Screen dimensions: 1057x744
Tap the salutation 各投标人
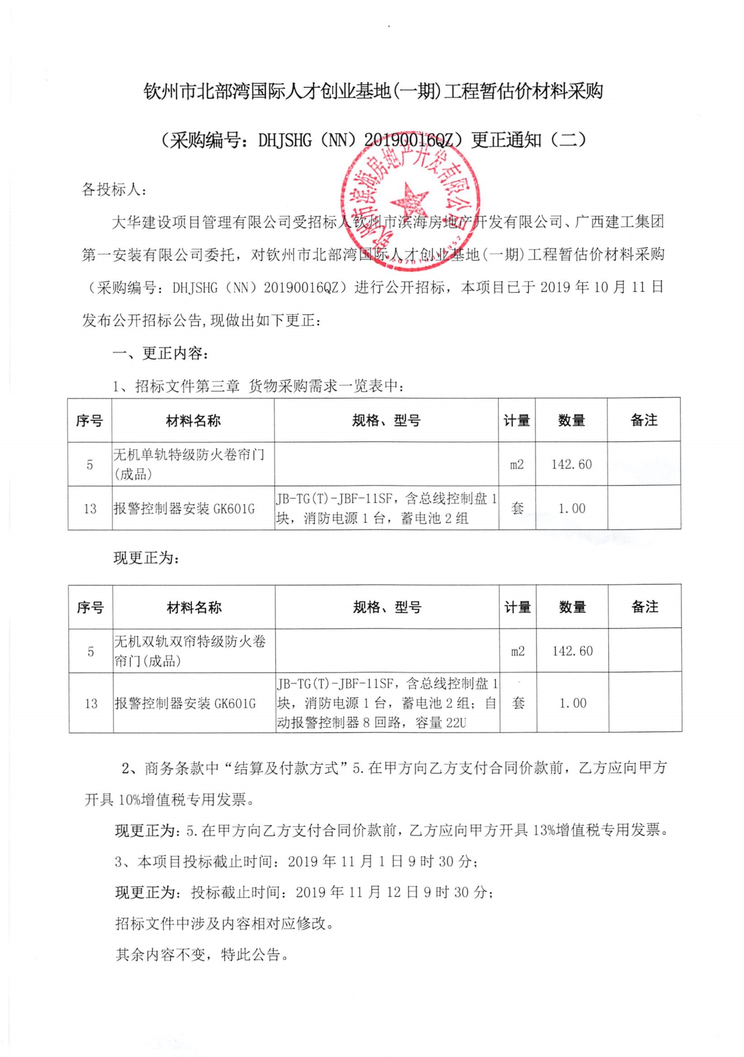point(114,189)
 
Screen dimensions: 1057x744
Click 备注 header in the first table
point(643,420)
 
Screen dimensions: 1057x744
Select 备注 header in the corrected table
point(645,607)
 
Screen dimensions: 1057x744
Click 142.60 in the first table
point(571,464)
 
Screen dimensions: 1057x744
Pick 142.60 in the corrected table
point(572,651)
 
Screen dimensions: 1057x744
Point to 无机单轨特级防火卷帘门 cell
point(189,464)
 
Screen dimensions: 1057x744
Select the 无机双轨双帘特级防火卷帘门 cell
point(190,651)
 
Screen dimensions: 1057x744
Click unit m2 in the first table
point(517,464)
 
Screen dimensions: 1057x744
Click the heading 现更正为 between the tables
point(146,558)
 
